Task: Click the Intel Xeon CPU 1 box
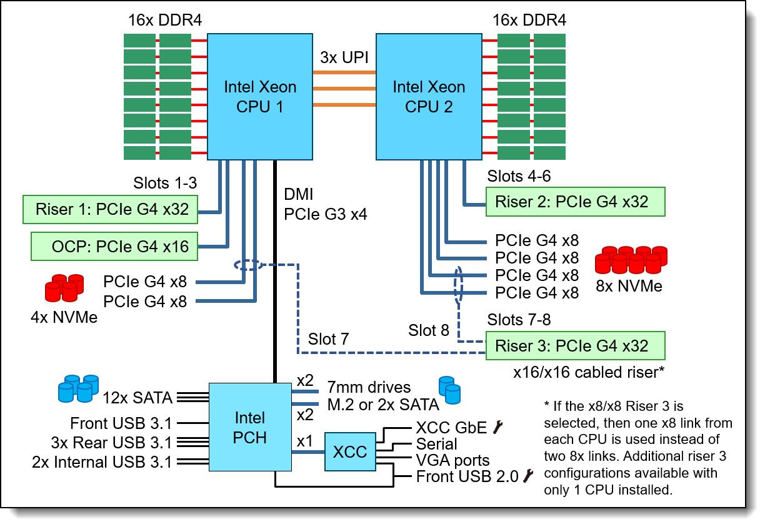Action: pos(259,96)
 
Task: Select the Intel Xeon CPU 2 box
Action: pos(428,96)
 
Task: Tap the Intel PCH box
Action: pos(249,428)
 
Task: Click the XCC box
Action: pos(349,451)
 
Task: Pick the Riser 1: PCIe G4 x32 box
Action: pos(111,210)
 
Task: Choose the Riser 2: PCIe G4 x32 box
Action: pos(576,202)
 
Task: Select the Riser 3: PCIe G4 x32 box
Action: pos(576,345)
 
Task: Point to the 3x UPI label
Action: pos(344,57)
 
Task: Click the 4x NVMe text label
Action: pos(64,317)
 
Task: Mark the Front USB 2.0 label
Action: pos(467,477)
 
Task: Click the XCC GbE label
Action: pos(451,428)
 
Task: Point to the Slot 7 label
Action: pos(328,339)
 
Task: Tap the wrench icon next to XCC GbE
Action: pos(497,427)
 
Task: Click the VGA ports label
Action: pos(453,461)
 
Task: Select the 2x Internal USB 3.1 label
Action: pos(102,462)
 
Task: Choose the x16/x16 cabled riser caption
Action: pos(588,372)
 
